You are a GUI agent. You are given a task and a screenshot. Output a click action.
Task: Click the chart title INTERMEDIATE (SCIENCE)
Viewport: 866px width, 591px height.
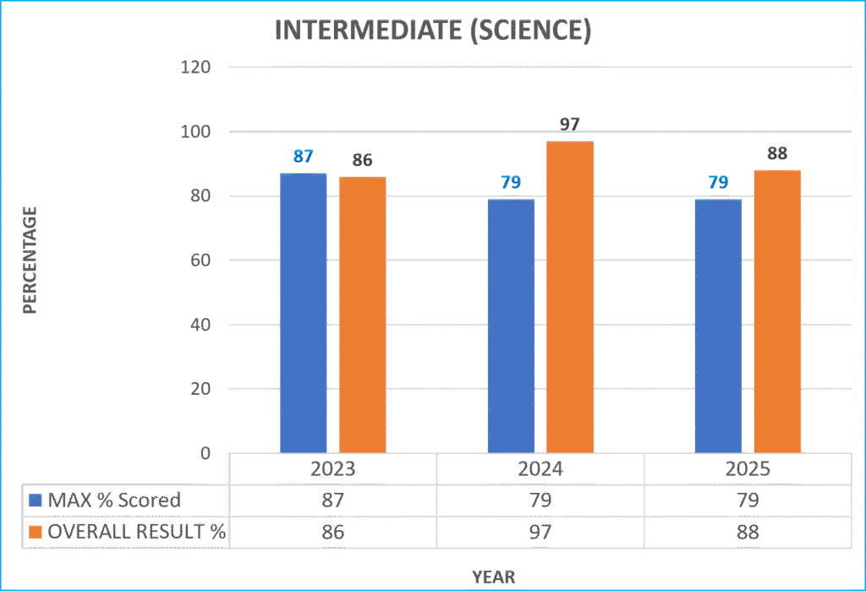pos(433,30)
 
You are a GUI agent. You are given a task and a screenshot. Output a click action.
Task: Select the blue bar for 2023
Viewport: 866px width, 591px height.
pos(304,313)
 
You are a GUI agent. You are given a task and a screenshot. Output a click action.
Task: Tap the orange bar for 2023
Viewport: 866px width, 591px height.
pos(362,315)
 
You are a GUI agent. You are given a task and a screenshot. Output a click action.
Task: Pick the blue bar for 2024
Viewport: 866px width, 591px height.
pos(511,326)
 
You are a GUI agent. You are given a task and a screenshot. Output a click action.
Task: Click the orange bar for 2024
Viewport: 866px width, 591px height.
pos(569,296)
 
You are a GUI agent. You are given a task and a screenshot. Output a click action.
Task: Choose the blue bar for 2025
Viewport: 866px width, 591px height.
pos(718,326)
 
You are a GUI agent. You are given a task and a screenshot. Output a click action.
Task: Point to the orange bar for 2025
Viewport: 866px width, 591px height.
pos(777,311)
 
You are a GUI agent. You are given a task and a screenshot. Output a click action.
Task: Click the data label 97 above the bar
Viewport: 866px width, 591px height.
pos(570,125)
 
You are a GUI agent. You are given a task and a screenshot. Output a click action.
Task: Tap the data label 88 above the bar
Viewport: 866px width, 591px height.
pos(777,155)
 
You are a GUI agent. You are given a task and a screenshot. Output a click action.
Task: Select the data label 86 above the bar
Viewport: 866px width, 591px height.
pos(362,161)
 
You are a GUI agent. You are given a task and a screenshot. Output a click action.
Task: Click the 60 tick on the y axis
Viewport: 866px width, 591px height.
pos(200,260)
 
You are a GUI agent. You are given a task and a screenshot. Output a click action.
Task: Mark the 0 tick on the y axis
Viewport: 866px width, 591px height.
pos(206,454)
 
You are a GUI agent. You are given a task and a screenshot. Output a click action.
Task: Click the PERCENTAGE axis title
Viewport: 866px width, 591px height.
pos(30,260)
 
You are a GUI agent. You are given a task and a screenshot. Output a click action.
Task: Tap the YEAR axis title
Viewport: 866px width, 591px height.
pos(494,577)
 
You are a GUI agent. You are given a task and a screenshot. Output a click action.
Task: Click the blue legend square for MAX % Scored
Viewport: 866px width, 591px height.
pos(36,500)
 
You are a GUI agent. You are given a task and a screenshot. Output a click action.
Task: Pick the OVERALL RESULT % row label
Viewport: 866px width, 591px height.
pos(136,532)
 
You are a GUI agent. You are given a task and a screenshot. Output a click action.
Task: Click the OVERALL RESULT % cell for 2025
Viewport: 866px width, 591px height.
pos(748,532)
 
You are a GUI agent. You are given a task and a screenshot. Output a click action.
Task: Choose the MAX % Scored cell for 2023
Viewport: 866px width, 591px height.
pos(332,500)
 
